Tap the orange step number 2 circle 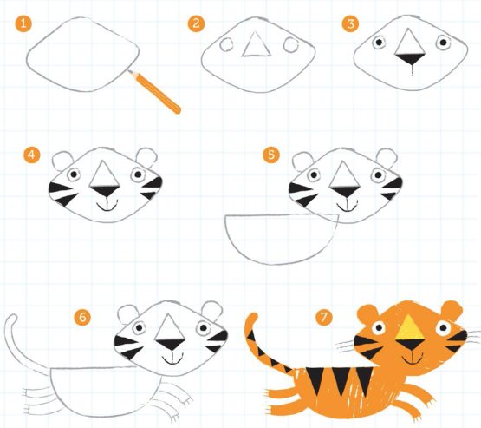[x=195, y=23]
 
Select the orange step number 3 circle [x=351, y=23]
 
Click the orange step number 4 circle [x=32, y=155]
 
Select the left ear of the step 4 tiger [x=63, y=160]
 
